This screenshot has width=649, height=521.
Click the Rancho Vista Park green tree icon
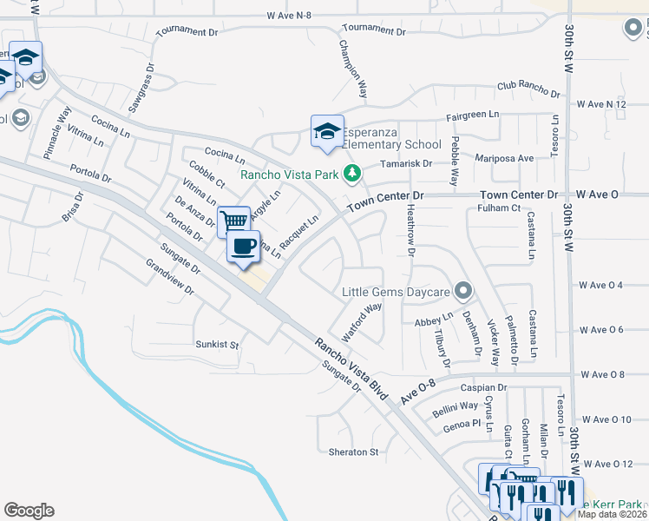point(351,174)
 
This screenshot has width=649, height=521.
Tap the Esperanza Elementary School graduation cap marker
point(326,132)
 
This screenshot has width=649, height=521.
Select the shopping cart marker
point(233,221)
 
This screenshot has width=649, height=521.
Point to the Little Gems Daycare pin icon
point(465,291)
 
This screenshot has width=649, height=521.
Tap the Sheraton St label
point(354,452)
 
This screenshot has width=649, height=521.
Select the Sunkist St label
point(217,345)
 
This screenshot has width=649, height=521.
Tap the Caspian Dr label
point(483,388)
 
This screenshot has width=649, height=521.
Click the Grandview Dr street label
point(171,278)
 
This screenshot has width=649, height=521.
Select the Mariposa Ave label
point(503,158)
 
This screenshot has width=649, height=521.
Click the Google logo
point(29,511)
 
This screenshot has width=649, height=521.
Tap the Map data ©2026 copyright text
point(611,514)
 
